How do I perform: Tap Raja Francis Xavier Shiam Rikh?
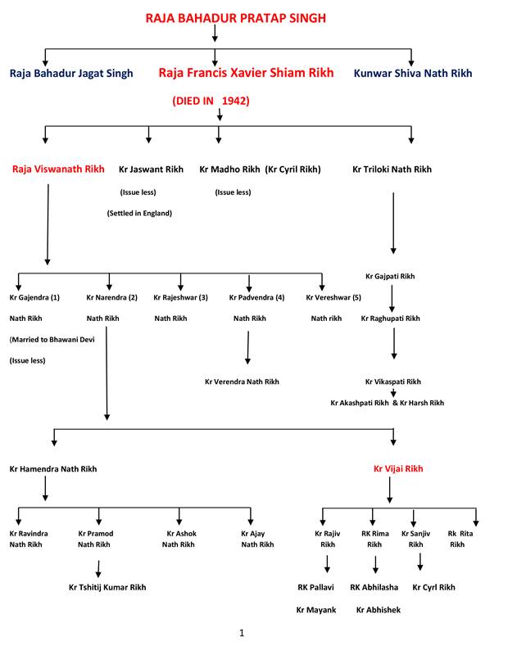click(246, 73)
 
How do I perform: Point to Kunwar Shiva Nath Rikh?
click(412, 73)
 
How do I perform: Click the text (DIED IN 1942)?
click(211, 101)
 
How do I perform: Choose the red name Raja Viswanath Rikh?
click(58, 169)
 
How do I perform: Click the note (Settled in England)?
click(139, 213)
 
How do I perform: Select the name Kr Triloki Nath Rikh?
click(392, 169)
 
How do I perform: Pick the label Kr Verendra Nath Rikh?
click(242, 382)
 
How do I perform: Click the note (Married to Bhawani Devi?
click(52, 339)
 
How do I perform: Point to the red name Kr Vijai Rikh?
click(398, 469)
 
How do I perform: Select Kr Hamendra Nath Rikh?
click(52, 469)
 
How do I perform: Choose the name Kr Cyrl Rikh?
click(433, 587)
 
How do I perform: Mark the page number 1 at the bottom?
click(242, 633)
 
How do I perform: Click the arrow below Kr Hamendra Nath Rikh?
click(45, 489)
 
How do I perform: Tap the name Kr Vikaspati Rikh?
click(393, 382)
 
